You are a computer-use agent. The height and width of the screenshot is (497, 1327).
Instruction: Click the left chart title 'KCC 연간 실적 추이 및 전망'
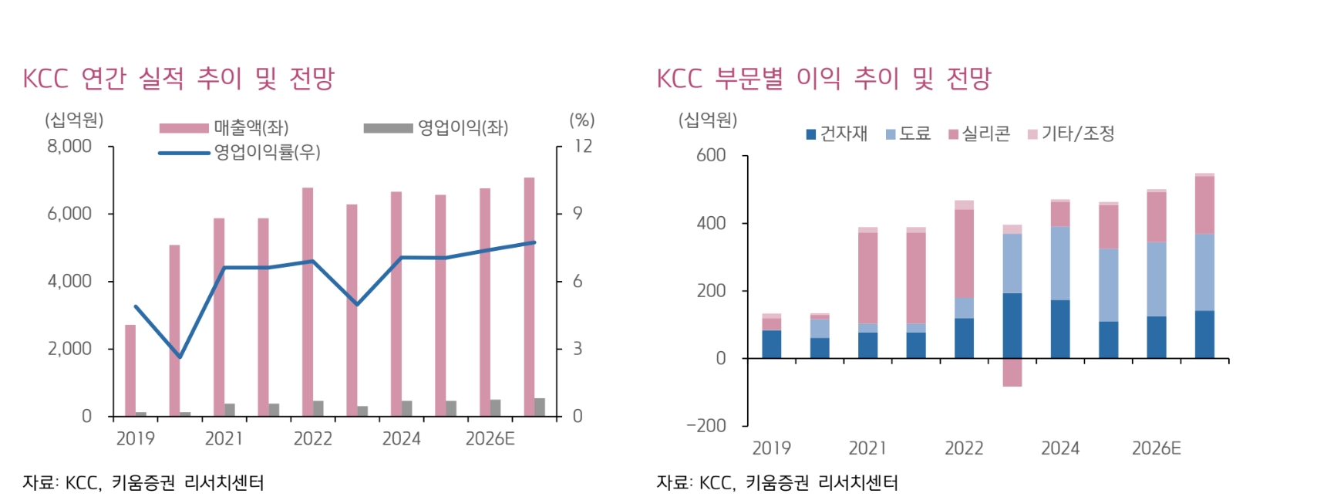pos(178,78)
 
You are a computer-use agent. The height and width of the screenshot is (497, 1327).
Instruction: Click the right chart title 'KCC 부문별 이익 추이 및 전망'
pos(823,78)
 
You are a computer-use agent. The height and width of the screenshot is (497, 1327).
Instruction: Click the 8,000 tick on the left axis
pos(69,146)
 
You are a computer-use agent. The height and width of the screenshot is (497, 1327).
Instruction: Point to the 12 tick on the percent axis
pos(583,146)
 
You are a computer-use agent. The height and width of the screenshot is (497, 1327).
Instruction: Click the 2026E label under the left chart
pos(490,439)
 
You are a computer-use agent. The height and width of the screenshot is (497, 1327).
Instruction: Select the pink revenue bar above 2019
pos(130,370)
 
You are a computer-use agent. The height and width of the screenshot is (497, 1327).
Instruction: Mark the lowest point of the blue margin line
pos(180,357)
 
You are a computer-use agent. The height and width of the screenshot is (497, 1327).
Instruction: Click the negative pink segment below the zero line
pos(1012,373)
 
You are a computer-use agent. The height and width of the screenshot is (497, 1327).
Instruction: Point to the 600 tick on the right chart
pos(710,155)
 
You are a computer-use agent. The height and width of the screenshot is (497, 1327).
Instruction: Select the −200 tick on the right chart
pos(706,426)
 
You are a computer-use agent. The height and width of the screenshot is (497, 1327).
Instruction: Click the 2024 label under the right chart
pos(1060,448)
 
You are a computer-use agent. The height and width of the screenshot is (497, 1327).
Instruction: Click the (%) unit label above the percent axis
pos(582,120)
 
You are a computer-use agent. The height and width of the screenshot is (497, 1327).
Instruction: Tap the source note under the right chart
pos(777,483)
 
